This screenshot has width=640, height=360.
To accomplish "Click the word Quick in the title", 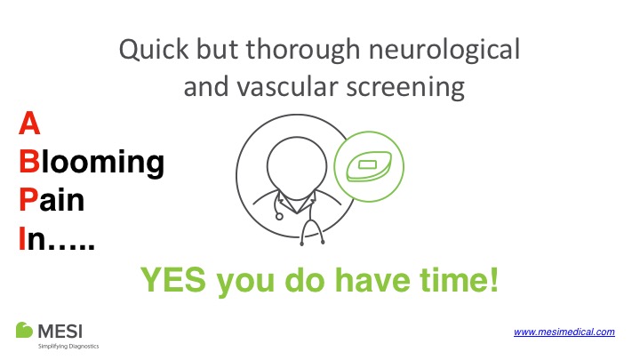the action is click(x=154, y=50).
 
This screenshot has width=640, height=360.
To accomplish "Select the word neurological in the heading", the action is click(x=444, y=50).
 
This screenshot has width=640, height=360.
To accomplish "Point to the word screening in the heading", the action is click(x=405, y=88).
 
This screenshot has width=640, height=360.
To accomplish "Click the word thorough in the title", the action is click(x=303, y=51).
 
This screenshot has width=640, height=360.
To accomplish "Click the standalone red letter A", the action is click(x=29, y=123).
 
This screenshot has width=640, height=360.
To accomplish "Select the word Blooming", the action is click(x=92, y=163).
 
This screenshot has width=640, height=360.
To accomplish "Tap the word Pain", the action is click(x=52, y=200).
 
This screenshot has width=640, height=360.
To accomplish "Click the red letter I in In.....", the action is click(x=22, y=238).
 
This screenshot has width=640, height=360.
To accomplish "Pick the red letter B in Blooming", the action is click(x=29, y=162).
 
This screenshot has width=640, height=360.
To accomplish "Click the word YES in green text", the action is click(x=173, y=280).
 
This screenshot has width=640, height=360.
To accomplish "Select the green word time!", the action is click(x=459, y=280).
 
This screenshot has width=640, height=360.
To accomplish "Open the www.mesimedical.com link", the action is click(x=564, y=332).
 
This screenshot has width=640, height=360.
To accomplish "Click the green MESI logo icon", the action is click(x=24, y=330).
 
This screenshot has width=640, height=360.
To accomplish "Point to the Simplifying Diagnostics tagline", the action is click(x=68, y=346).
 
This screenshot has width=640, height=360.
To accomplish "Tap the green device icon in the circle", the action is click(x=369, y=165).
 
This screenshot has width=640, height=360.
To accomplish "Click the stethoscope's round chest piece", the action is click(x=279, y=216).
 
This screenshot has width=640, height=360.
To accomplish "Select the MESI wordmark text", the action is click(x=60, y=332).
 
